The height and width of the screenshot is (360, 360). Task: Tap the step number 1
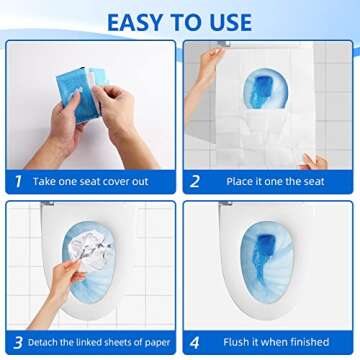(x=15, y=182)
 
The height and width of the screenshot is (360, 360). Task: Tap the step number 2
(x=195, y=182)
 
